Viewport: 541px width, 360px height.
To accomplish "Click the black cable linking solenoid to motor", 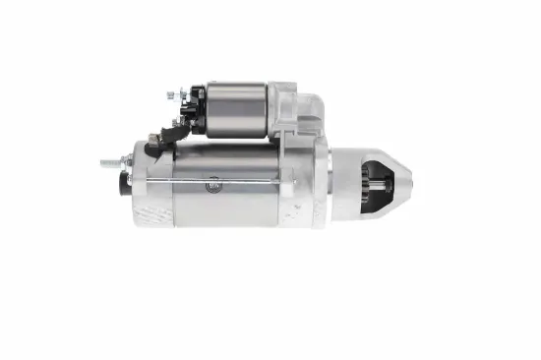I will [x=157, y=139].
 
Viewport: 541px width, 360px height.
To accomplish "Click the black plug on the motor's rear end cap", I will [x=125, y=184].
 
